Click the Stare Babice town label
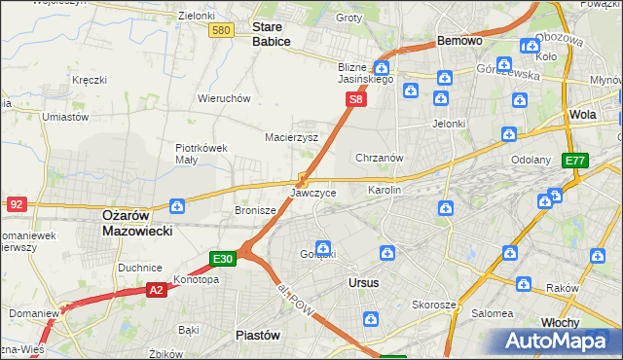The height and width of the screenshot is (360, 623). [272, 35]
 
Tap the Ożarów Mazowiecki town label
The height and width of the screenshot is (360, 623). [137, 224]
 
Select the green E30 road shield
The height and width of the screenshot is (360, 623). [223, 259]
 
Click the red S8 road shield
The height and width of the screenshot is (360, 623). [357, 99]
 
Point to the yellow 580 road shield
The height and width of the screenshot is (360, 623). [221, 31]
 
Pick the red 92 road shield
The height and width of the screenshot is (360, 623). [16, 204]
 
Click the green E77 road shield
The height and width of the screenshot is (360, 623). [575, 162]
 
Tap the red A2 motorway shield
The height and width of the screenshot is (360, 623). [157, 289]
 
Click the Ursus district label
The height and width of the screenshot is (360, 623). [363, 282]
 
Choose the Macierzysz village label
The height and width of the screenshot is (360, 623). [292, 137]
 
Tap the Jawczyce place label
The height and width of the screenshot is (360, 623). [313, 193]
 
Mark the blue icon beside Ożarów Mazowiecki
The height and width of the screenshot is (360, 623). [177, 206]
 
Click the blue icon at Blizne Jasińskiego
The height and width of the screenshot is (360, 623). [382, 68]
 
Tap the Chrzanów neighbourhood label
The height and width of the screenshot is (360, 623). [380, 158]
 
